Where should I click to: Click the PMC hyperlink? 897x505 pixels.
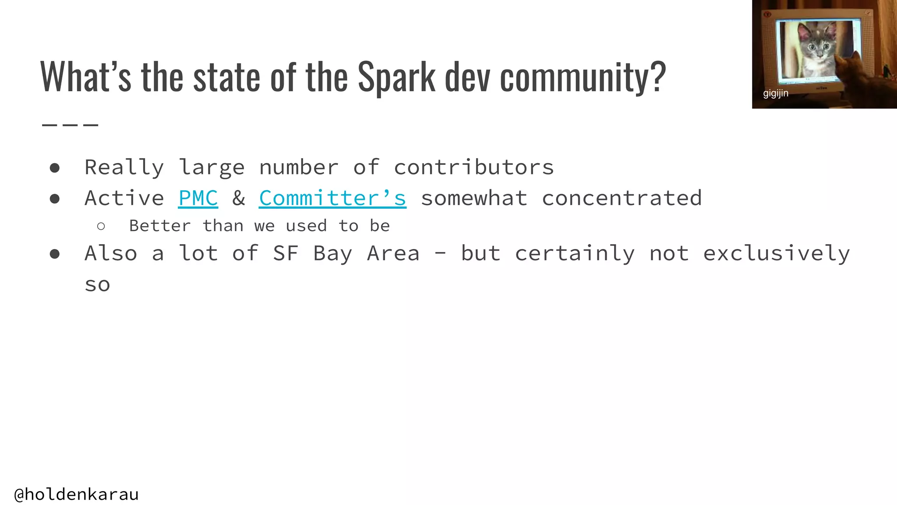198,198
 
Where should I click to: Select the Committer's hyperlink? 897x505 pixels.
332,198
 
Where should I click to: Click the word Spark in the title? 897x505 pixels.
396,77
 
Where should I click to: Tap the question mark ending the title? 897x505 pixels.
658,77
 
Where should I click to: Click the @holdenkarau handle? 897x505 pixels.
77,494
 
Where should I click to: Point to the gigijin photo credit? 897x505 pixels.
775,93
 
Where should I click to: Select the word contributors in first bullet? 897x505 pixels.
473,167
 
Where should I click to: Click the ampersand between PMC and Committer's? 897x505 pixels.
239,198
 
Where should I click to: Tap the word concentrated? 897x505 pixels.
622,198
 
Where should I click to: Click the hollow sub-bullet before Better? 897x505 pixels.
101,226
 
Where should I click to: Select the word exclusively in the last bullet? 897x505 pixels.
776,253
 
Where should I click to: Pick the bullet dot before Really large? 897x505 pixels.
55,168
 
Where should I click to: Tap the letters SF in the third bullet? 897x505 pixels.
286,253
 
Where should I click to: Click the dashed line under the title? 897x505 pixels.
70,125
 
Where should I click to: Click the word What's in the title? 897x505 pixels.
85,77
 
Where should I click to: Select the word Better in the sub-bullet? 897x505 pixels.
160,226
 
